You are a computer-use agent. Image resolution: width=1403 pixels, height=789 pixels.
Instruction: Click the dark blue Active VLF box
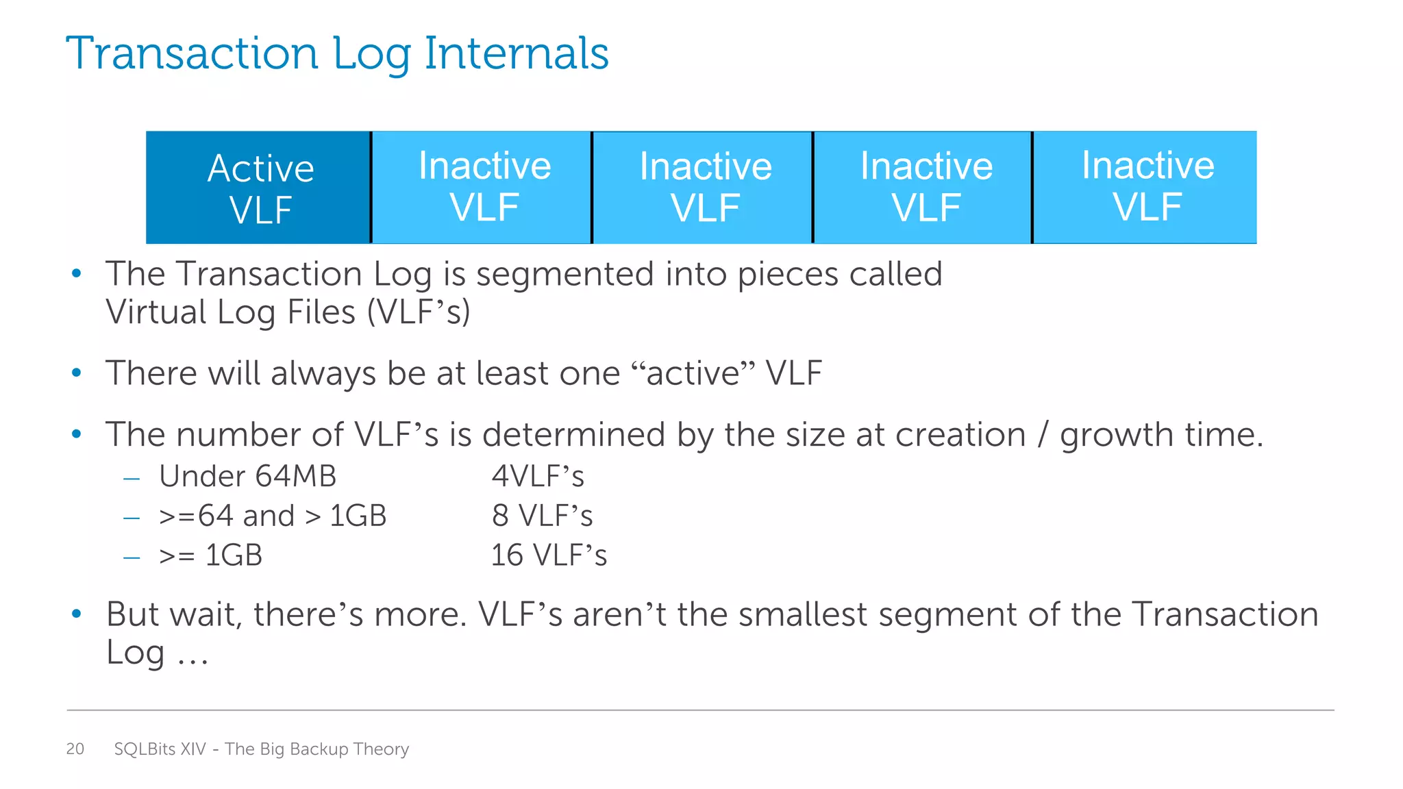[258, 188]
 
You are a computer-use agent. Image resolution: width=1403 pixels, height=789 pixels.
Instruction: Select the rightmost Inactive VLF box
[1145, 187]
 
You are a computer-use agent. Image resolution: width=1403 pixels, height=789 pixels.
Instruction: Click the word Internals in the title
[517, 53]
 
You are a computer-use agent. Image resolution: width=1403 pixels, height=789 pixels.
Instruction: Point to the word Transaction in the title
[193, 53]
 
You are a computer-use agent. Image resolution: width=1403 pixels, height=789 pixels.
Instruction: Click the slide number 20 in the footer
[75, 749]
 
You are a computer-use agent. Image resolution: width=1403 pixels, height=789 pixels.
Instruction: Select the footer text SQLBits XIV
[160, 749]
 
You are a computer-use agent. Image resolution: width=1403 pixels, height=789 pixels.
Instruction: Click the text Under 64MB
[247, 476]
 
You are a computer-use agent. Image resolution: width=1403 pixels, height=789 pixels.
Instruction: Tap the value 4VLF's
[538, 476]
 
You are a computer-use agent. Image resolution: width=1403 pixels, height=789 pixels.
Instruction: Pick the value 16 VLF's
[549, 555]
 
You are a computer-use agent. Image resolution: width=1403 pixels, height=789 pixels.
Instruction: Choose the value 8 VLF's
[542, 516]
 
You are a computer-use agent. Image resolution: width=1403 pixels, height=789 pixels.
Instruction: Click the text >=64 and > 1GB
[273, 516]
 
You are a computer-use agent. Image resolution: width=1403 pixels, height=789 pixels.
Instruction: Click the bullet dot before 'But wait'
[77, 614]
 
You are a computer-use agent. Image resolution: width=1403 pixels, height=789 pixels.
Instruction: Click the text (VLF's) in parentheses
[419, 312]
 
